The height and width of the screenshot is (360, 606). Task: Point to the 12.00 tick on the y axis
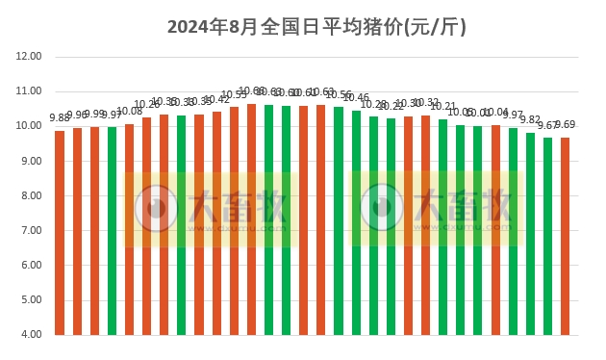[30, 57]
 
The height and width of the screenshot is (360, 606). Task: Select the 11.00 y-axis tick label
[30, 91]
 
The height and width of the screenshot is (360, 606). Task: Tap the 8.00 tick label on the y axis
[30, 195]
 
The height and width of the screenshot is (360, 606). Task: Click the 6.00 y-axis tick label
[30, 265]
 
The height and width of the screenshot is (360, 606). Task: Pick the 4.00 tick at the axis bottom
[30, 334]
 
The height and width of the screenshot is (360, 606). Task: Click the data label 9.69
[565, 124]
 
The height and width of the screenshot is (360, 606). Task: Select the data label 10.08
[129, 112]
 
